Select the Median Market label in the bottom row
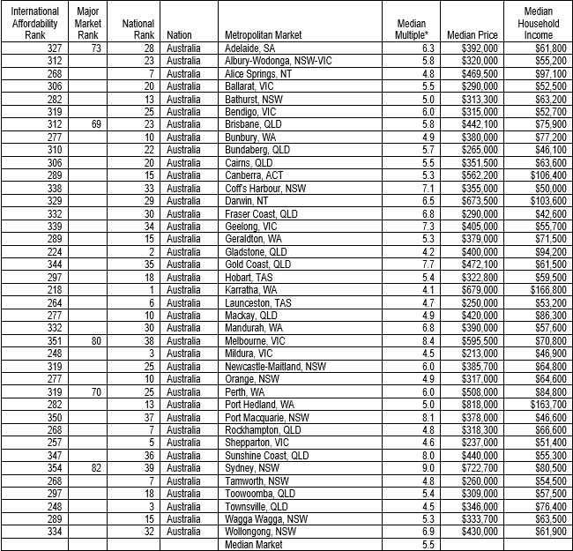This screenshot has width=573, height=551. (254, 545)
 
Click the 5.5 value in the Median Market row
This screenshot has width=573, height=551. (428, 545)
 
